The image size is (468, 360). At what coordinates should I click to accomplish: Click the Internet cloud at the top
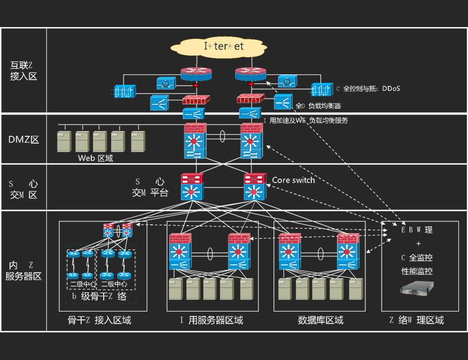pos(223,46)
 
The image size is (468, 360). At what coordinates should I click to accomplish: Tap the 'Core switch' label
pos(293,180)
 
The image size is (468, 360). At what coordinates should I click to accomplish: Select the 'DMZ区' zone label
pos(23,140)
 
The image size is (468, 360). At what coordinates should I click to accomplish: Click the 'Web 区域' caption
pos(95,158)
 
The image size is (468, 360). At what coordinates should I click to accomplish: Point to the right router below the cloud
pos(249,74)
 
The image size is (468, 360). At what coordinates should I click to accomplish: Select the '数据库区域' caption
pos(320,320)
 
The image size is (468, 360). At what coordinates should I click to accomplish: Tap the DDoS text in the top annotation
pos(391,89)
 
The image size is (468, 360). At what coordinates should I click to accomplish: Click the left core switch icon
pos(192,187)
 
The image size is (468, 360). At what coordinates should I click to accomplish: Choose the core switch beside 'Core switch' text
pos(254,187)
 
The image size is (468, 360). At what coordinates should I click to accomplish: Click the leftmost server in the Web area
pos(64,142)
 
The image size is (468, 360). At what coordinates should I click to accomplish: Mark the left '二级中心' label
pos(82,284)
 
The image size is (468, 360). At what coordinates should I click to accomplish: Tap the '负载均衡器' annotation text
pos(324,106)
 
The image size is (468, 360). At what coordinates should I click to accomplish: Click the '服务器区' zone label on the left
pos(24,277)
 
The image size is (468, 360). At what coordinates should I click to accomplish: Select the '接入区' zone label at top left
pos(23,76)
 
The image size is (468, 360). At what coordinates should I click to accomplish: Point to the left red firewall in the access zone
pos(196,100)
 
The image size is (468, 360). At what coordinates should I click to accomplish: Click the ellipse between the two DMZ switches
pos(223,136)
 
